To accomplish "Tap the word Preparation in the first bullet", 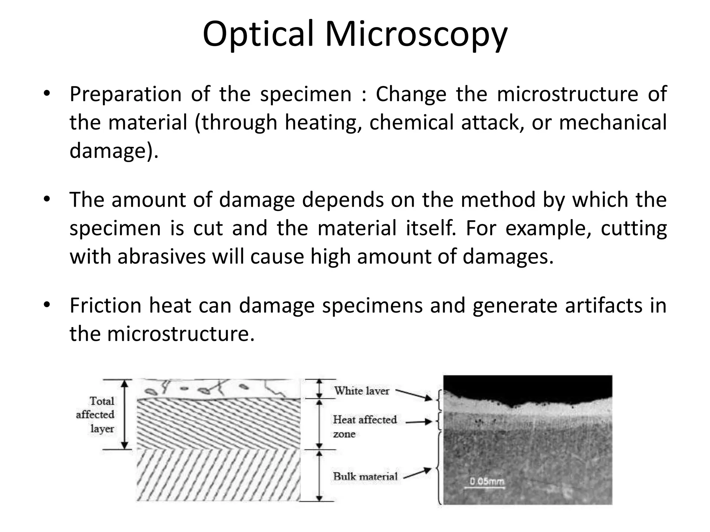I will click(x=125, y=94).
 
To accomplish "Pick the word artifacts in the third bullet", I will click(x=604, y=305).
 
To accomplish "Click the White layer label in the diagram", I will click(x=362, y=391).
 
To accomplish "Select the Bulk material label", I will click(x=365, y=476).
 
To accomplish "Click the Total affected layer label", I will click(x=96, y=415).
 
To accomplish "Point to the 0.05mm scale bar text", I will click(x=487, y=481).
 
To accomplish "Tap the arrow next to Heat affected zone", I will click(x=419, y=422).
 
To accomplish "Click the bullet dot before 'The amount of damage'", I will click(x=47, y=199).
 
